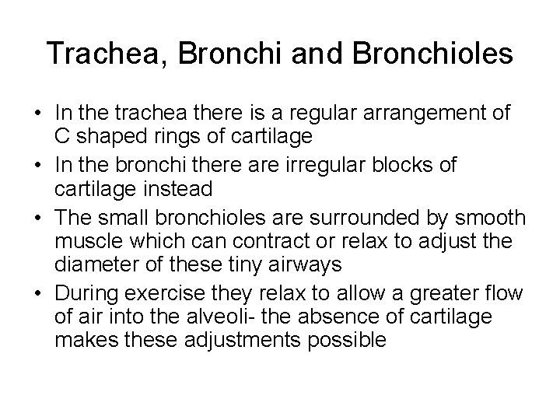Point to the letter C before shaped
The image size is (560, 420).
click(x=61, y=136)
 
